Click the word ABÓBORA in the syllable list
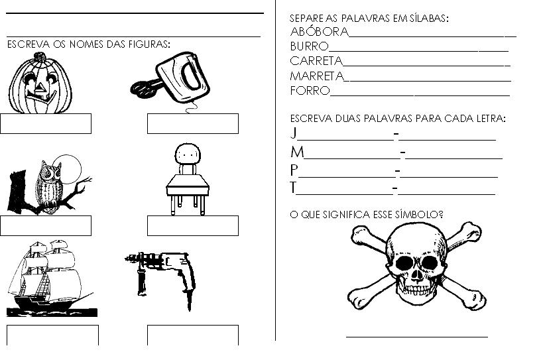(320, 31)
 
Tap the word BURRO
(310, 46)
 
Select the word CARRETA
(316, 61)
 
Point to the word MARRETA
(317, 76)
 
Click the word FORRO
(310, 91)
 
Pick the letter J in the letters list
(294, 133)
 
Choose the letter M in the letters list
(297, 152)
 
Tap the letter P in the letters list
(294, 170)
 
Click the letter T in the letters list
(293, 188)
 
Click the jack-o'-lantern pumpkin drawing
(40, 84)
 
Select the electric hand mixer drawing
(170, 80)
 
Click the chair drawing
(188, 179)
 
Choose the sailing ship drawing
(52, 278)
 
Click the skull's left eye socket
(404, 263)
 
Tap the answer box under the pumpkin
(46, 123)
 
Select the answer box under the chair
(193, 225)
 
